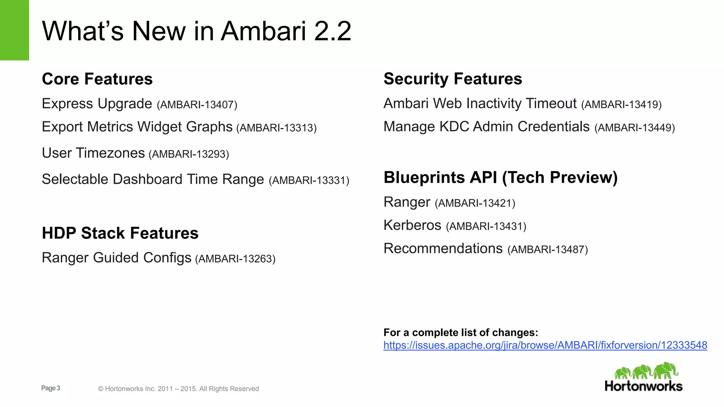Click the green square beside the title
14,30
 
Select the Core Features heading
97,79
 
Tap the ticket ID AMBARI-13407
197,105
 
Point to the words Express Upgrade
97,104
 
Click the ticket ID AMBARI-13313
276,128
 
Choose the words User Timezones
93,153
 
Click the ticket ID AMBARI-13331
309,181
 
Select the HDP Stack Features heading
120,233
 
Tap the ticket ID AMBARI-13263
235,259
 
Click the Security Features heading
452,79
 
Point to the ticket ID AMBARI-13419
621,105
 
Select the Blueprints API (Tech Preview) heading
500,177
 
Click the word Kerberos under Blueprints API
412,225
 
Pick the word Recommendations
443,248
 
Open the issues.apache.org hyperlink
545,345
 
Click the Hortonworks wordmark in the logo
643,386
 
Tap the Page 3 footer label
51,388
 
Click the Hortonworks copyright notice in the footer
178,389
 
